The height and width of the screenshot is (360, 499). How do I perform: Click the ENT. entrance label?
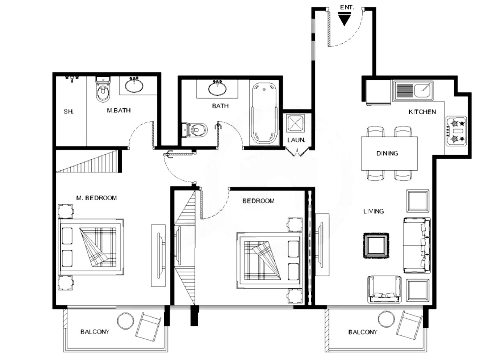pyautogui.click(x=347, y=7)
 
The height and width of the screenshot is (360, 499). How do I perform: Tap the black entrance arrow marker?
pyautogui.click(x=344, y=19)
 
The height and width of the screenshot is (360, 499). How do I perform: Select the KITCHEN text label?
pyautogui.click(x=422, y=112)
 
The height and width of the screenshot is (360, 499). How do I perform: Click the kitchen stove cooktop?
pyautogui.click(x=456, y=131)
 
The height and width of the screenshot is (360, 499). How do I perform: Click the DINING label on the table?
pyautogui.click(x=387, y=154)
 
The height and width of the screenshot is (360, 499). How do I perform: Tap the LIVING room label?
pyautogui.click(x=373, y=211)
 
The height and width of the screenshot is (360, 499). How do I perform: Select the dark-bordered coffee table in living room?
pyautogui.click(x=376, y=245)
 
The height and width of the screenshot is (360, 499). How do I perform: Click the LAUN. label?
pyautogui.click(x=296, y=140)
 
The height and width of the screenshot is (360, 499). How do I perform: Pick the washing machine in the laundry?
pyautogui.click(x=295, y=123)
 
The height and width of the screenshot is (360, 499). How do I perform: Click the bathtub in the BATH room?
pyautogui.click(x=264, y=114)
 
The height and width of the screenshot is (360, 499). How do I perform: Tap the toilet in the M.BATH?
pyautogui.click(x=103, y=90)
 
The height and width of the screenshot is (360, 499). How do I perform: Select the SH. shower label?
pyautogui.click(x=69, y=111)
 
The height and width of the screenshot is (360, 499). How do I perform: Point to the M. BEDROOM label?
pyautogui.click(x=96, y=198)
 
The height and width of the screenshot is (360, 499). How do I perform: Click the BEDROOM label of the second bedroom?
pyautogui.click(x=258, y=201)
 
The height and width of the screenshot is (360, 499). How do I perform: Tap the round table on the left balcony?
pyautogui.click(x=126, y=321)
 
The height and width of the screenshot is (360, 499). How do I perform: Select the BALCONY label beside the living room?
pyautogui.click(x=363, y=332)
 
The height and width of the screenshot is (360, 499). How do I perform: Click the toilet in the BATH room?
pyautogui.click(x=195, y=130)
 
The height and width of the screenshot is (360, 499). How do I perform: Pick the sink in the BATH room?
pyautogui.click(x=218, y=88)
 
